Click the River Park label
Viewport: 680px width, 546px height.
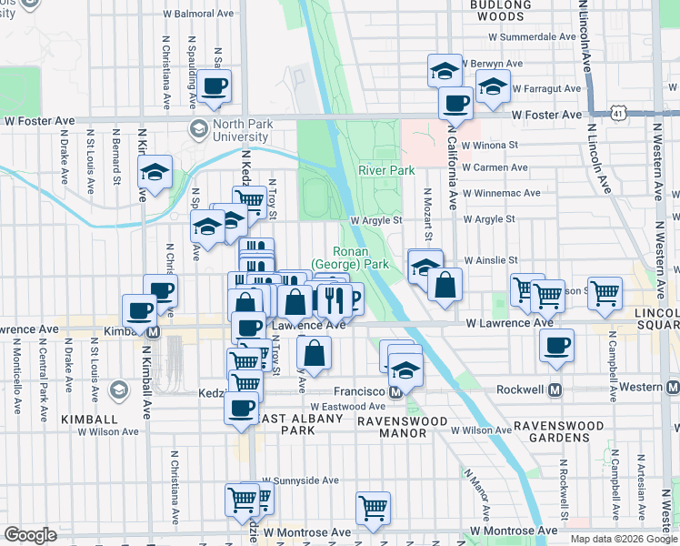385,170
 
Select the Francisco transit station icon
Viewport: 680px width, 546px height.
395,391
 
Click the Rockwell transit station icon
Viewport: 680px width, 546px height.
555,389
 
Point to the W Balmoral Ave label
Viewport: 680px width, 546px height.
198,15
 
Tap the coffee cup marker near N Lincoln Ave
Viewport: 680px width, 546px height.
556,346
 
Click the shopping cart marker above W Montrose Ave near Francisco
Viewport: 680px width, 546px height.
373,508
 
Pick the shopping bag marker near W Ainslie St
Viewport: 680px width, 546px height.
445,285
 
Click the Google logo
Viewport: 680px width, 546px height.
30,534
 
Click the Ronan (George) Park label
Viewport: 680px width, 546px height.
362,257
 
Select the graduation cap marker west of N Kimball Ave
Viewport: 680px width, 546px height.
155,171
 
